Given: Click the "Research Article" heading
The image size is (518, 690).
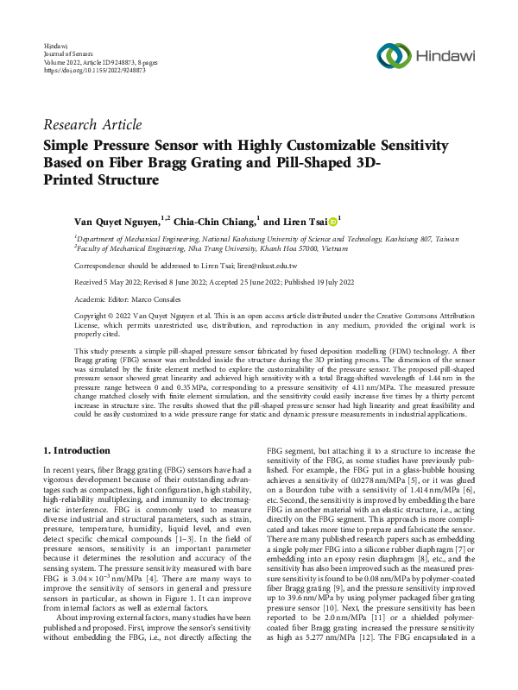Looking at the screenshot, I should tap(92, 125).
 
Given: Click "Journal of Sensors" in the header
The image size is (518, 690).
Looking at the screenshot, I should tap(66, 53).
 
